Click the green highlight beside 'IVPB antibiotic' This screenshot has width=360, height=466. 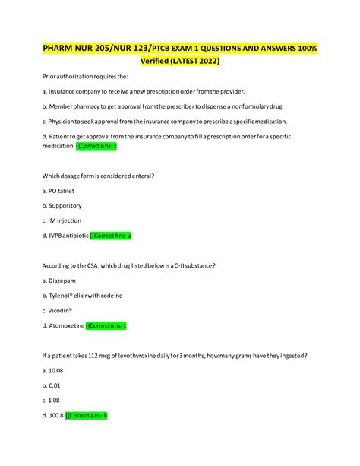(111, 235)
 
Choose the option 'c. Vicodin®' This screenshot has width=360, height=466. (58, 309)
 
